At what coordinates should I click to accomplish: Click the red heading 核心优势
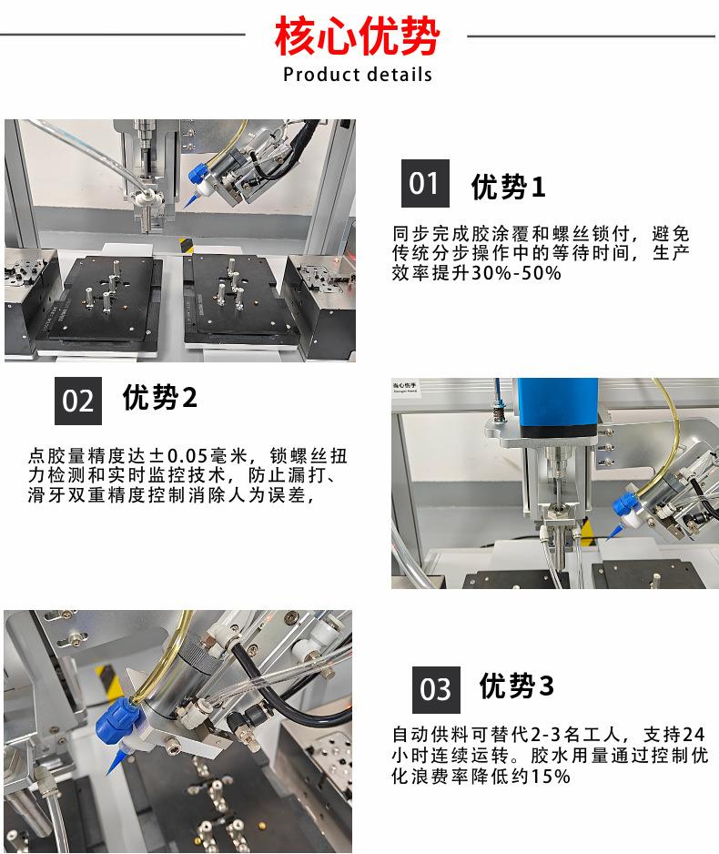click(357, 36)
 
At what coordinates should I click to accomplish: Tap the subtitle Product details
click(358, 74)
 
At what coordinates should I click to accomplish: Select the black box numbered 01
click(425, 184)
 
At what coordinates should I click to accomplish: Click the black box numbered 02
click(78, 401)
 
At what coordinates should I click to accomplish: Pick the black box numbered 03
click(436, 689)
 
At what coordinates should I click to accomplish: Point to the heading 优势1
click(508, 187)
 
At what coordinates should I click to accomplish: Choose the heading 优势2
click(159, 397)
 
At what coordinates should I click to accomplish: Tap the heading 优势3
click(517, 686)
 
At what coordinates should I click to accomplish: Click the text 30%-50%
click(516, 272)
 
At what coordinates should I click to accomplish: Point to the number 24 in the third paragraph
click(694, 735)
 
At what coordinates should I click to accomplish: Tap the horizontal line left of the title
click(123, 35)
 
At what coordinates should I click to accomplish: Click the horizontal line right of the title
click(591, 36)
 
